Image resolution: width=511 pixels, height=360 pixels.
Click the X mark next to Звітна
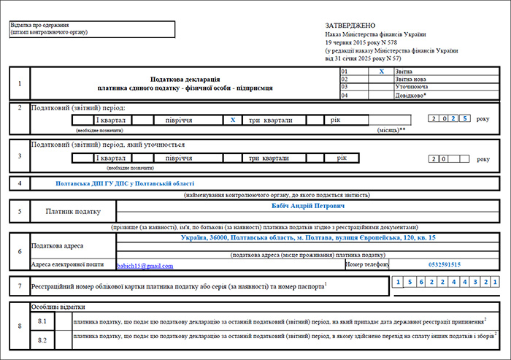(x=381, y=72)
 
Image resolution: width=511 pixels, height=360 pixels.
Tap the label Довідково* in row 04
(x=411, y=96)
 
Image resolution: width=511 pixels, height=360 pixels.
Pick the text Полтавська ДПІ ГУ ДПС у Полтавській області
(x=126, y=183)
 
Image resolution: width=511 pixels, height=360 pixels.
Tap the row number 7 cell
(x=19, y=286)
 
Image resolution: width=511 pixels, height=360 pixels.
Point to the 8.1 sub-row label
(x=42, y=321)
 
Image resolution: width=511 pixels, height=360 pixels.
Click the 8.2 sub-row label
(x=42, y=340)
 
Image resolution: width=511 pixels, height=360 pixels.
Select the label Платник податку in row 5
(x=72, y=212)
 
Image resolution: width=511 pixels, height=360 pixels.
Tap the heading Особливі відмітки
(x=53, y=307)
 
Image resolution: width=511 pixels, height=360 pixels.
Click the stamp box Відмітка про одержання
(x=91, y=29)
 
